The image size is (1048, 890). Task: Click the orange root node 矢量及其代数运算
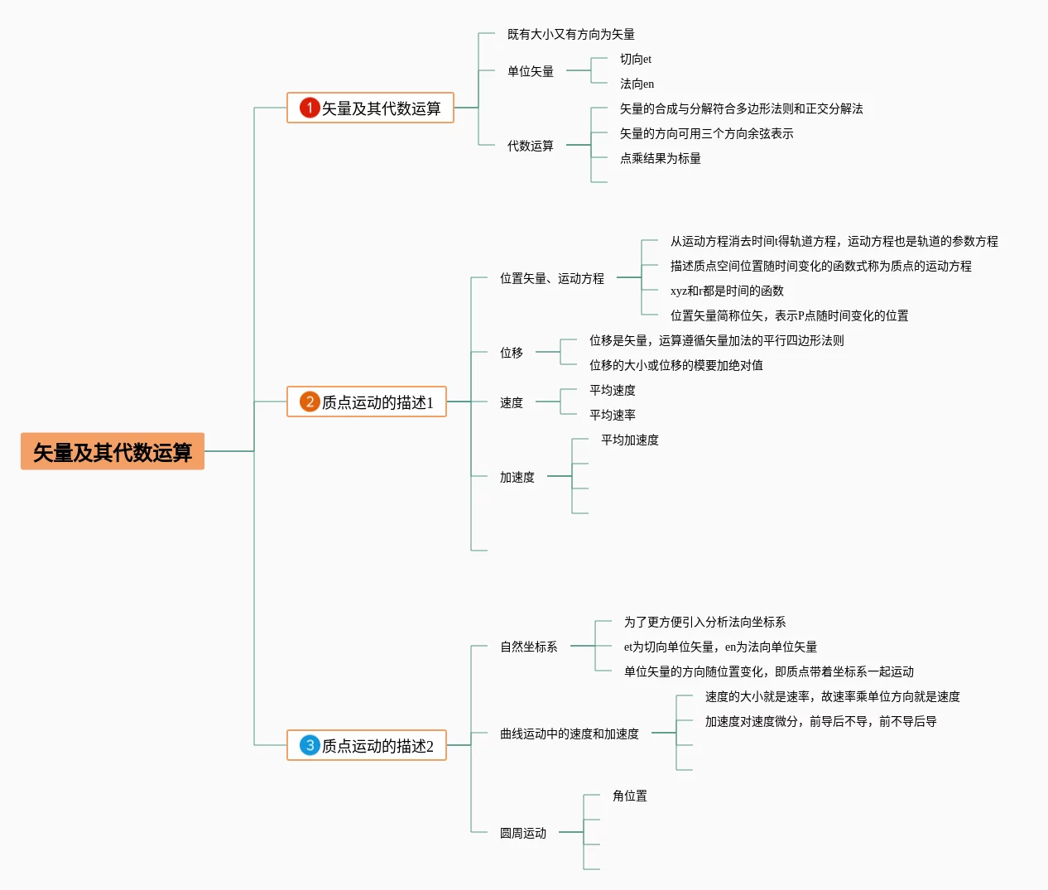[x=113, y=451]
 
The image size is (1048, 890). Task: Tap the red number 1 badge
[x=310, y=108]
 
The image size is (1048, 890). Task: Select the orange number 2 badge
[x=310, y=402]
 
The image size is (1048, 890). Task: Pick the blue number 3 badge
[x=310, y=745]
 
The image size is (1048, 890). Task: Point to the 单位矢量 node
[x=531, y=71]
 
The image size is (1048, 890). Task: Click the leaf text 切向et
[x=636, y=59]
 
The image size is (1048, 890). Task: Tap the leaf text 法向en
[x=637, y=84]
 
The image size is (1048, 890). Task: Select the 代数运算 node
[x=531, y=146]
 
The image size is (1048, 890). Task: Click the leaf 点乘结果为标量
[x=660, y=158]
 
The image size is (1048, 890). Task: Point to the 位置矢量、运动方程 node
[x=552, y=278]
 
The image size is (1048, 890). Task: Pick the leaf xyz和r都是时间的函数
[x=727, y=291]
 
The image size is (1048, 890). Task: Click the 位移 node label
[x=512, y=353]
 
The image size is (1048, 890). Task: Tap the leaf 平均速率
[x=613, y=415]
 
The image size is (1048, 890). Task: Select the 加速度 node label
[x=517, y=477]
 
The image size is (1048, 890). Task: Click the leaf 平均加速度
[x=630, y=440]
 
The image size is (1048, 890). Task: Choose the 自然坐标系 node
[x=529, y=647]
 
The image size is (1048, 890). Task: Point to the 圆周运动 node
[x=523, y=833]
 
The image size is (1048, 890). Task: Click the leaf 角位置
[x=630, y=796]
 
